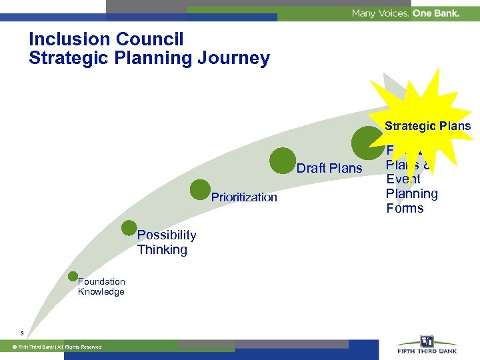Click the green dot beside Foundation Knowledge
click(x=73, y=277)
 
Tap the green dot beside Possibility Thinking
click(x=129, y=229)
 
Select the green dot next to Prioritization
click(x=199, y=190)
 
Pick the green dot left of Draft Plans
click(x=283, y=160)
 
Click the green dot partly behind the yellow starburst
click(x=365, y=141)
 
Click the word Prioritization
click(x=244, y=197)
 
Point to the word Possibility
click(x=167, y=235)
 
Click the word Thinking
click(x=162, y=250)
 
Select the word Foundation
click(x=101, y=281)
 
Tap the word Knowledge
click(x=101, y=292)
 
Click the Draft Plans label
click(x=329, y=168)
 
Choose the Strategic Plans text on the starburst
click(x=427, y=126)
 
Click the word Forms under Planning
click(x=405, y=209)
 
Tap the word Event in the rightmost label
click(x=403, y=179)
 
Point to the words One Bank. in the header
click(x=436, y=13)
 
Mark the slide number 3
click(x=23, y=333)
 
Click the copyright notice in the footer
click(x=56, y=347)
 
